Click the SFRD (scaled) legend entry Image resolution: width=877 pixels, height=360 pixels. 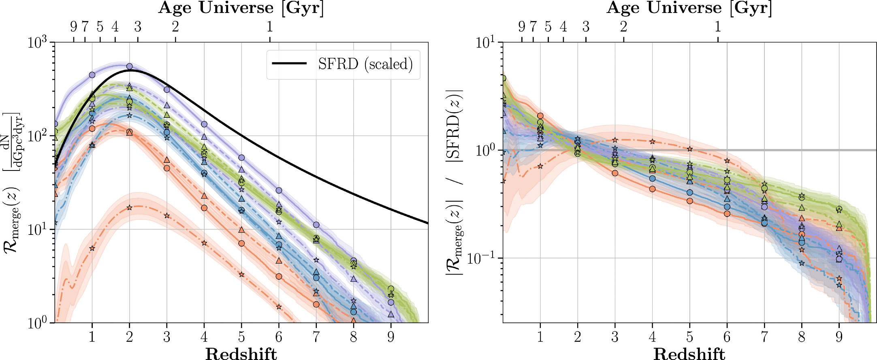click(x=365, y=64)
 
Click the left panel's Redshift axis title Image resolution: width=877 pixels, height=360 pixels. click(x=241, y=354)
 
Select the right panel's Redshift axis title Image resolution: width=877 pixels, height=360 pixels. click(x=689, y=354)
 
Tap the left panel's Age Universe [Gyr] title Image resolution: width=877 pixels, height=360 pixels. click(x=241, y=8)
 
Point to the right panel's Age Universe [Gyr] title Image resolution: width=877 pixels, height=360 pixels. click(x=689, y=8)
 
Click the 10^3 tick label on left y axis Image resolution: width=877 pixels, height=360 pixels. click(x=38, y=42)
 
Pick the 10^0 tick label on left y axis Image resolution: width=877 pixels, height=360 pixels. click(x=38, y=323)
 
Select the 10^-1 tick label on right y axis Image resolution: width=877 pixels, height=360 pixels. click(x=484, y=258)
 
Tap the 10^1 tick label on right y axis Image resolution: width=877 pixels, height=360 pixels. click(x=486, y=42)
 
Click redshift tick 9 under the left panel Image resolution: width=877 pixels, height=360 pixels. click(x=391, y=337)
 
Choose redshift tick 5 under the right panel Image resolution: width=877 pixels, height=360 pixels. click(x=689, y=337)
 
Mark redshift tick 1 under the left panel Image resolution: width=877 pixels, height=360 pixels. click(x=92, y=337)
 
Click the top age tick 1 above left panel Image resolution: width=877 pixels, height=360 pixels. click(x=270, y=27)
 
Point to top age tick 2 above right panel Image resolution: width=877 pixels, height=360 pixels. click(x=623, y=27)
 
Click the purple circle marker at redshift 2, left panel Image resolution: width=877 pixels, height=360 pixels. click(x=130, y=66)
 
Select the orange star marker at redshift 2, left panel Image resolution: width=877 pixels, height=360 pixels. click(x=130, y=208)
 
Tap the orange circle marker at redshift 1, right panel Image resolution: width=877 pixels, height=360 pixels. click(x=540, y=116)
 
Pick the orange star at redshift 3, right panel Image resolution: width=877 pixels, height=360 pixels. click(x=615, y=140)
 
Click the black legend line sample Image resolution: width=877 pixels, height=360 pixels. click(x=289, y=64)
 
